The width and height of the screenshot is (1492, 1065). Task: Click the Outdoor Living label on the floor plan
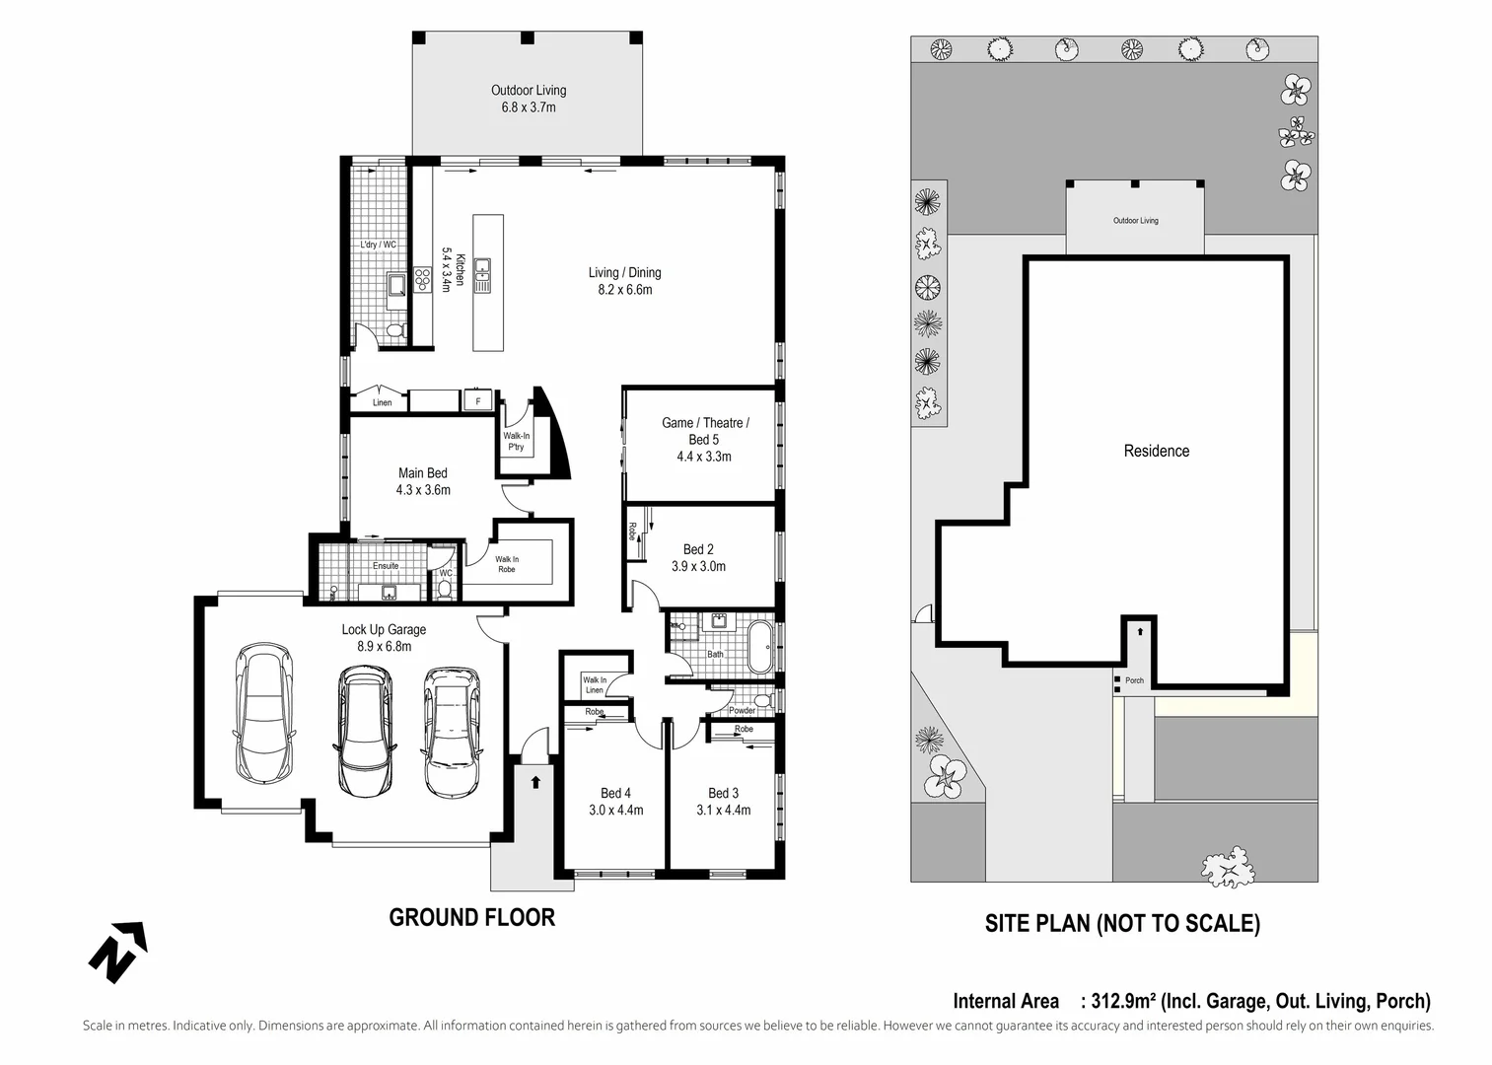pos(529,91)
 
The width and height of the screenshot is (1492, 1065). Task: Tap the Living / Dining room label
pos(624,273)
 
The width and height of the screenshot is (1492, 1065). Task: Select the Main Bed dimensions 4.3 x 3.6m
pos(423,490)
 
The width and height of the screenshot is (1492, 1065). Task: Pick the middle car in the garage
pos(364,730)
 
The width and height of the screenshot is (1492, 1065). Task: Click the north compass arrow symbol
pos(117,952)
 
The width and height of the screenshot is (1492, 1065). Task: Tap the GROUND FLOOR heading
pos(471,917)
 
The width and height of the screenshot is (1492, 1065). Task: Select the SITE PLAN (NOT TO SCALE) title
pos(1122,923)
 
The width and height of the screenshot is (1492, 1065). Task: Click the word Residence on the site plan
pos(1156,451)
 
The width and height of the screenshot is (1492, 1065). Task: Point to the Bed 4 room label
pos(615,793)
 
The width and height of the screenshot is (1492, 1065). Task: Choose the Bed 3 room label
pos(723,793)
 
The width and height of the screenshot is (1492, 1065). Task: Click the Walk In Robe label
pos(506,564)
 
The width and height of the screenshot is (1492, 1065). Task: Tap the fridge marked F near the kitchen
pos(478,401)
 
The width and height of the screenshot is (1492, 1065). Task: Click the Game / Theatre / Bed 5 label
pos(704,431)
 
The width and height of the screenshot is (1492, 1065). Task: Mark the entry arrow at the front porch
pos(535,782)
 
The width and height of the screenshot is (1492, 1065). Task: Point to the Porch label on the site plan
pos(1134,680)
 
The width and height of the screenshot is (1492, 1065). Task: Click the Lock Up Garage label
pos(384,629)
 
